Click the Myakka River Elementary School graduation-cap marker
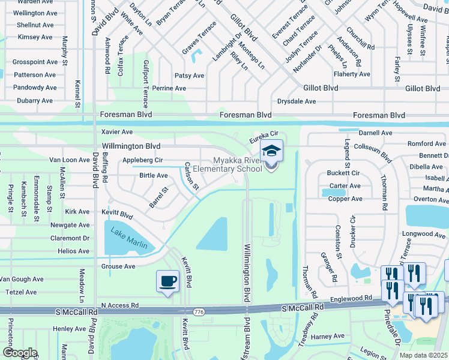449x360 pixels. coord(271,151)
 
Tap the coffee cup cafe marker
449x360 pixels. coord(167,281)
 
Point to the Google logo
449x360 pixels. coord(20,352)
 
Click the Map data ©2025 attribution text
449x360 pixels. coord(423,355)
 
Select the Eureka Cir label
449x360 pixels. coord(264,137)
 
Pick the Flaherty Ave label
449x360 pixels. coord(352,74)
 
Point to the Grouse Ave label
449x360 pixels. coord(118,266)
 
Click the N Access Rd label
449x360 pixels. coord(119,305)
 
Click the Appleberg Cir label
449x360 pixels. coord(142,160)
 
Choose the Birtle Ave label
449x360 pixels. coord(153,176)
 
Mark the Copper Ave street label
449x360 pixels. coord(345,199)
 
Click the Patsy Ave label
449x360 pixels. coord(189,76)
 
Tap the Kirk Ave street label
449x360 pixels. coord(77,212)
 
